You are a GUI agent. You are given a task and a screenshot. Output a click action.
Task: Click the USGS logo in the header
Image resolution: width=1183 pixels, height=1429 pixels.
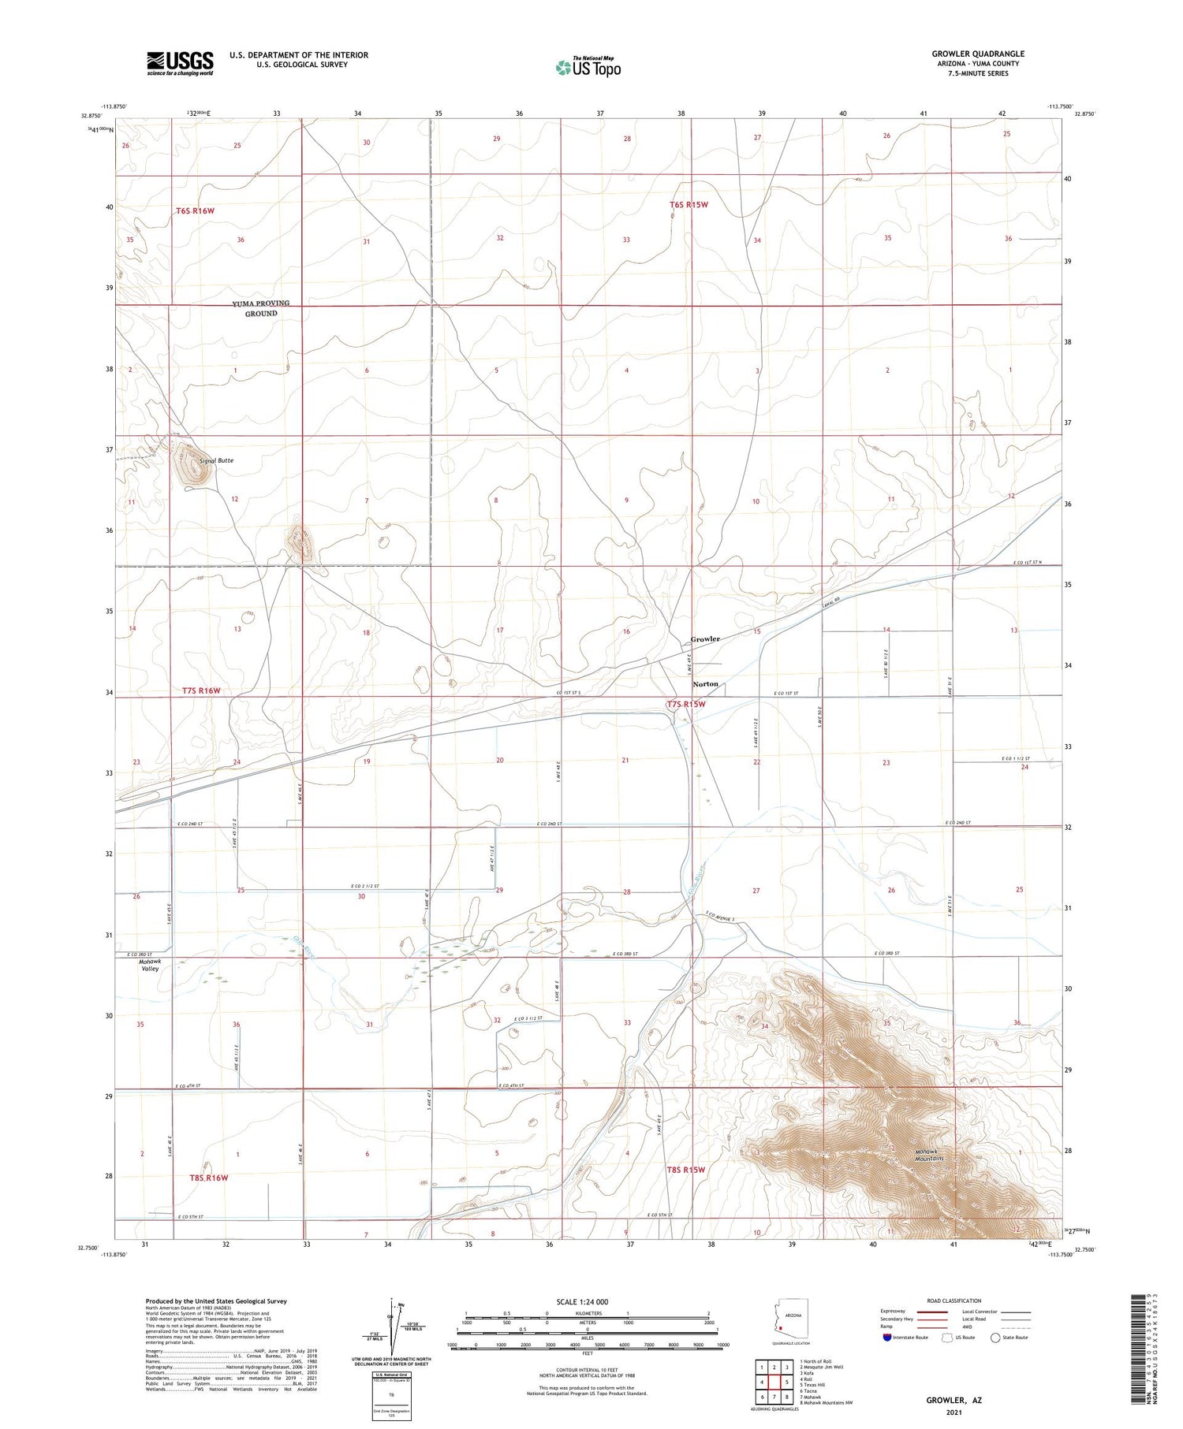(x=180, y=63)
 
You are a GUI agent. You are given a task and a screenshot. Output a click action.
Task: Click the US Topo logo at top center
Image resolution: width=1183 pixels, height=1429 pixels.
(x=588, y=68)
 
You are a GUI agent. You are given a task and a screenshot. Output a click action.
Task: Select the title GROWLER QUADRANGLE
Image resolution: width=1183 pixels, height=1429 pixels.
(x=978, y=54)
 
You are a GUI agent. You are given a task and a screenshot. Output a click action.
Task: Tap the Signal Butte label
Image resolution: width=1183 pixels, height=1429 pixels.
(x=216, y=460)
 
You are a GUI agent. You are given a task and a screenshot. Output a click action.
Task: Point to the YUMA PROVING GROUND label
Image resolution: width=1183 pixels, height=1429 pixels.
(x=261, y=308)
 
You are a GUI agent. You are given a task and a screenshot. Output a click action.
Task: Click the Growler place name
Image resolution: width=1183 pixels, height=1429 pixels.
(x=705, y=638)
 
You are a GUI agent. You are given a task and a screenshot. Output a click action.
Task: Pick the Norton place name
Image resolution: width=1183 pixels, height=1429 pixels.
(x=705, y=683)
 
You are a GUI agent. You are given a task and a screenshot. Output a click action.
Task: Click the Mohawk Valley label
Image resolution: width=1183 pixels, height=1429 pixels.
(x=150, y=965)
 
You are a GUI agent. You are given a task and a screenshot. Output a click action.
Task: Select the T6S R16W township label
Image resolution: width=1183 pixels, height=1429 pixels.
(x=195, y=211)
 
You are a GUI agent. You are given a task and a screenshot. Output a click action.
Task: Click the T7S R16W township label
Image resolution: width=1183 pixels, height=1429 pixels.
(x=201, y=690)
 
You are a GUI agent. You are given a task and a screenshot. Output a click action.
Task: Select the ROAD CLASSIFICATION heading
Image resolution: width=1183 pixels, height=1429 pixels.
(x=953, y=1301)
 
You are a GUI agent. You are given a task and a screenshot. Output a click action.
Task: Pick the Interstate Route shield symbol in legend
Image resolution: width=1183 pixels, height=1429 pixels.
(x=888, y=1338)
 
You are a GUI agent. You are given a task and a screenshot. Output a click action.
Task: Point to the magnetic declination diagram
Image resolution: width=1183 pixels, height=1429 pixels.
(x=392, y=1329)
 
